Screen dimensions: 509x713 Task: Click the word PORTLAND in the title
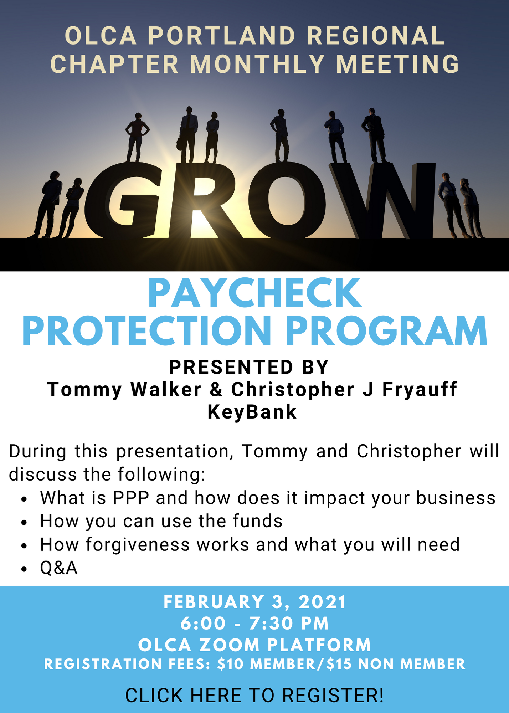point(222,36)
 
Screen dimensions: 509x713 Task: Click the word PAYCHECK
point(255,293)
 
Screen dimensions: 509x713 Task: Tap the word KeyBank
point(252,412)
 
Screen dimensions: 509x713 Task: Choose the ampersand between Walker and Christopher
point(216,389)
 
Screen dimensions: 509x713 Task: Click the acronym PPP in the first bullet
point(131,498)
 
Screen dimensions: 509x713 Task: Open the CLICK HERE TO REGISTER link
point(254,695)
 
